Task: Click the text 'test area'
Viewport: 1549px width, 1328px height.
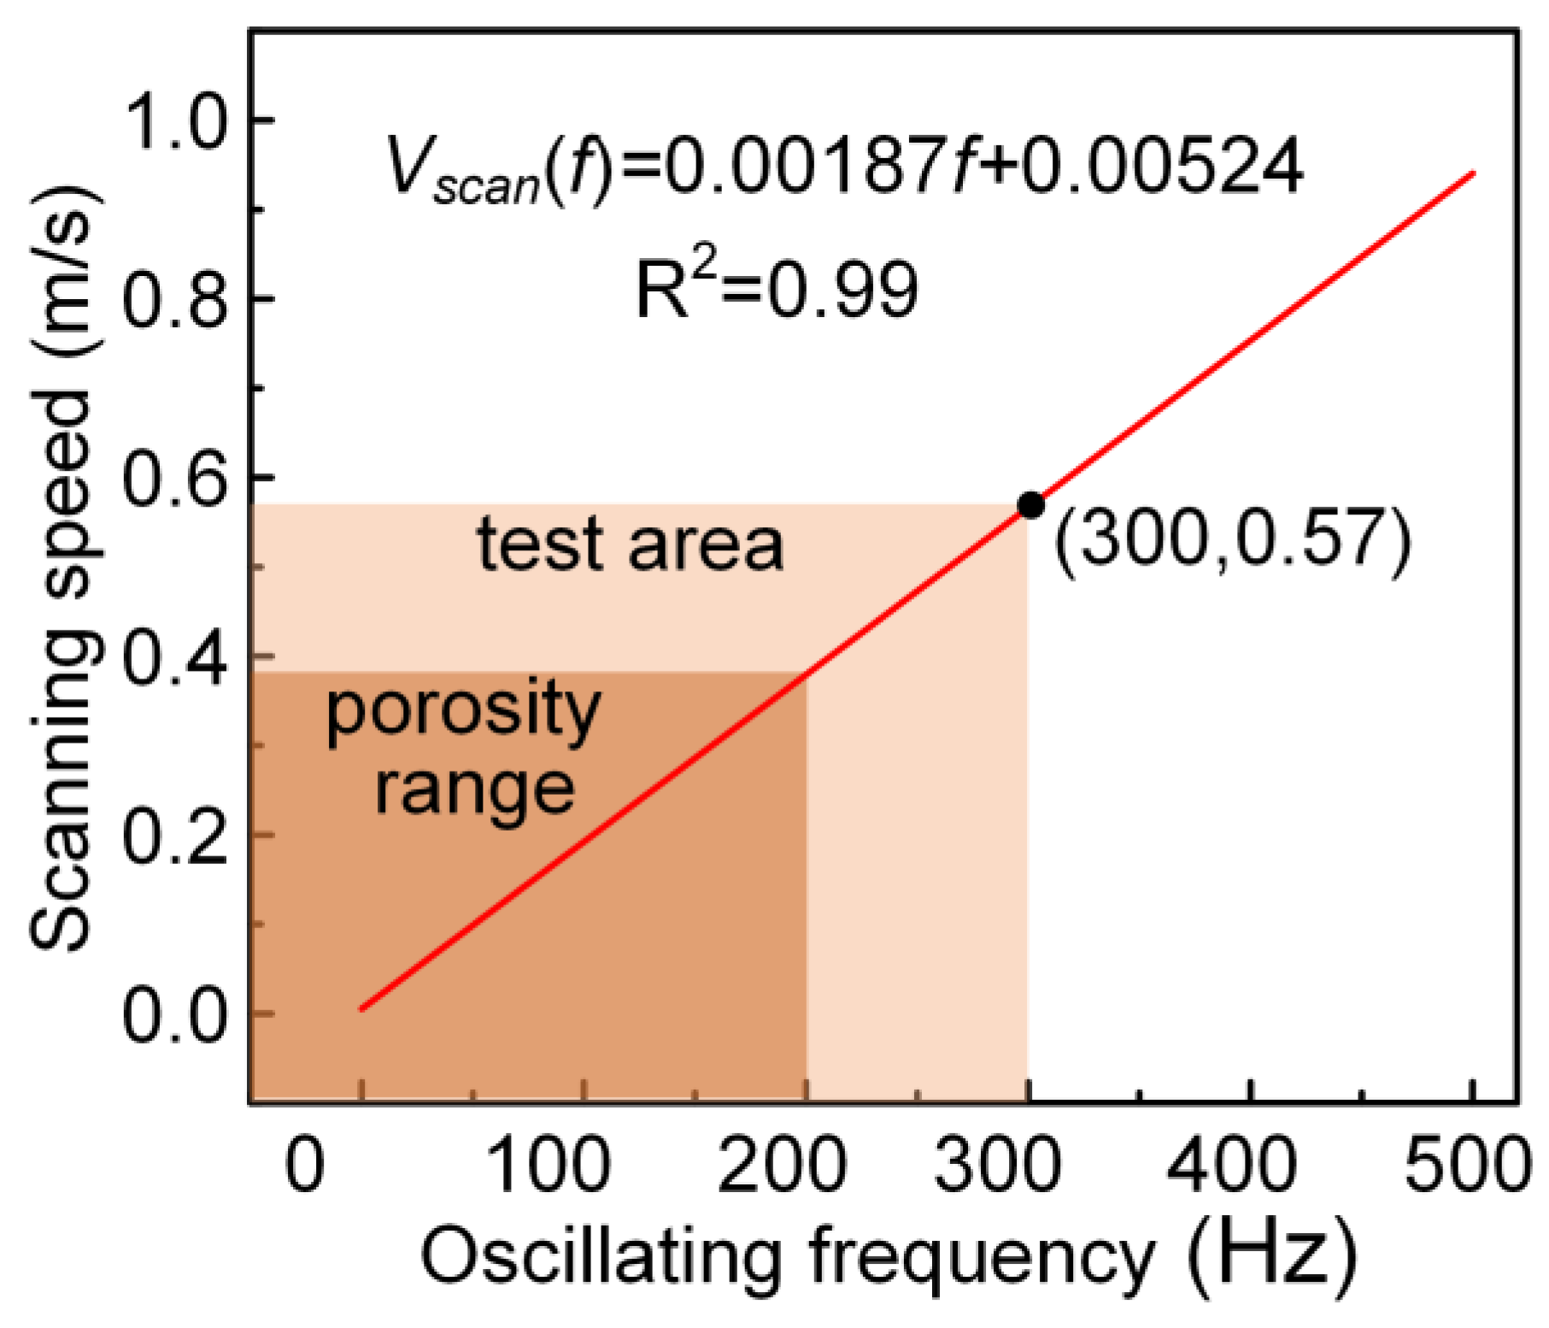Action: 630,544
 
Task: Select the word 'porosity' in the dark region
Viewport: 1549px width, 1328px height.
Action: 463,712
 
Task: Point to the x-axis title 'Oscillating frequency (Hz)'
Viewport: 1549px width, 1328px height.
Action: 889,1257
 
